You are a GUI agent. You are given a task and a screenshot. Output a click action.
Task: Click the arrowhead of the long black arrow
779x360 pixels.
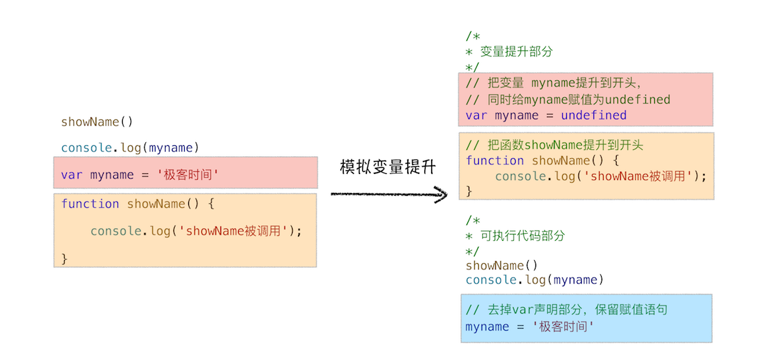[x=443, y=196]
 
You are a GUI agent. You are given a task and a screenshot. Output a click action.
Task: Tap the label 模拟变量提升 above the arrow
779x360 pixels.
[x=387, y=168]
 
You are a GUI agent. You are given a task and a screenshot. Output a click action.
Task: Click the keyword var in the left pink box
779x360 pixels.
[x=72, y=175]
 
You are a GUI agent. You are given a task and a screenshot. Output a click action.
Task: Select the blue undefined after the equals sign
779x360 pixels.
[x=593, y=115]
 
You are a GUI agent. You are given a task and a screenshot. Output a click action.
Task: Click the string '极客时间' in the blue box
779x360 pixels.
[x=553, y=327]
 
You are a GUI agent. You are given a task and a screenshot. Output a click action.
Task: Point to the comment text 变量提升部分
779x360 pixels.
[x=516, y=51]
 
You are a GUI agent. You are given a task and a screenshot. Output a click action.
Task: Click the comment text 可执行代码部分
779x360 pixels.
[x=523, y=236]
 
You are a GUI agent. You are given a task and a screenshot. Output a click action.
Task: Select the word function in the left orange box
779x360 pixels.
[x=90, y=204]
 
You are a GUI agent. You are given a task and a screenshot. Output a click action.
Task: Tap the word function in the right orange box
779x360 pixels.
[x=495, y=160]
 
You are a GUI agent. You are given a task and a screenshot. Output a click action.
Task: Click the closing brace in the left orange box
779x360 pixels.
[x=65, y=258]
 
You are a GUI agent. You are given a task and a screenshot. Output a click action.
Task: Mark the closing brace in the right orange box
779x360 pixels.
[x=469, y=191]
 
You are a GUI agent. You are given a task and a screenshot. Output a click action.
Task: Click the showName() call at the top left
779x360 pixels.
[x=97, y=122]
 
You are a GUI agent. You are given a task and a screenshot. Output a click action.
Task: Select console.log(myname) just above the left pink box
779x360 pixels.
[x=130, y=147]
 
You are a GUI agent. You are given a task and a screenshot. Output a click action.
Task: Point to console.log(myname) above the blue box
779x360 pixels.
[x=535, y=280]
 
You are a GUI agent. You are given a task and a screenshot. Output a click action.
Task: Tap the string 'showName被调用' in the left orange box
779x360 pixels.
[x=233, y=231]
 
